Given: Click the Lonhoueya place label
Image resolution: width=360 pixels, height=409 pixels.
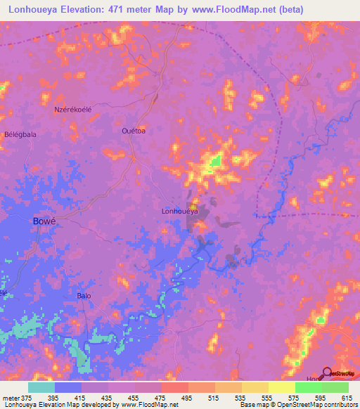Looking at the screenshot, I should tap(180, 210).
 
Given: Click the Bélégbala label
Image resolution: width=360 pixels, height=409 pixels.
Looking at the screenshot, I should tap(20, 134).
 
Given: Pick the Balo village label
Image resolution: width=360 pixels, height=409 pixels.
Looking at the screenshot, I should tap(84, 296).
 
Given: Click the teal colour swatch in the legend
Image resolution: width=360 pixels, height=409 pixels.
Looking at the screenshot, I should tap(41, 387).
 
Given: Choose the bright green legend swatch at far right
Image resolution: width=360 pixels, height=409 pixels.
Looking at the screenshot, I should tap(335, 387).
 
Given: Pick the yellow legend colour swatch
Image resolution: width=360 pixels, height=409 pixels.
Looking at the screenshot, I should tap(282, 387).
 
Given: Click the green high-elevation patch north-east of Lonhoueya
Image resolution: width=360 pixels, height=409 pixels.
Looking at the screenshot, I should tap(215, 162).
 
